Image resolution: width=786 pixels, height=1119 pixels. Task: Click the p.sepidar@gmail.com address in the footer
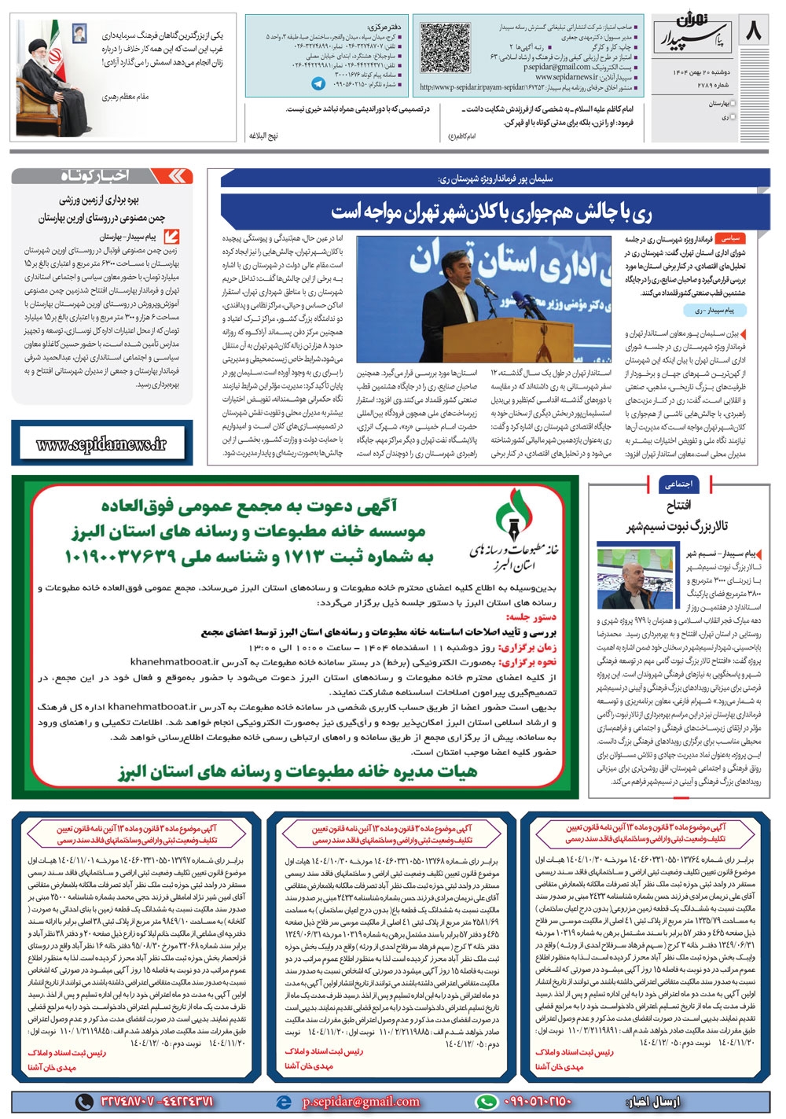(361, 1102)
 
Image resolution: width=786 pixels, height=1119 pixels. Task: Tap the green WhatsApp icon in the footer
(487, 1102)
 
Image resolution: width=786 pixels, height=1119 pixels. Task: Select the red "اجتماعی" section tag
(678, 484)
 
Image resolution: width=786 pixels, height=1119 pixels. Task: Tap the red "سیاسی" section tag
(731, 237)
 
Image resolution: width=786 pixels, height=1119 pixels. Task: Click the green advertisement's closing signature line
(299, 771)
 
